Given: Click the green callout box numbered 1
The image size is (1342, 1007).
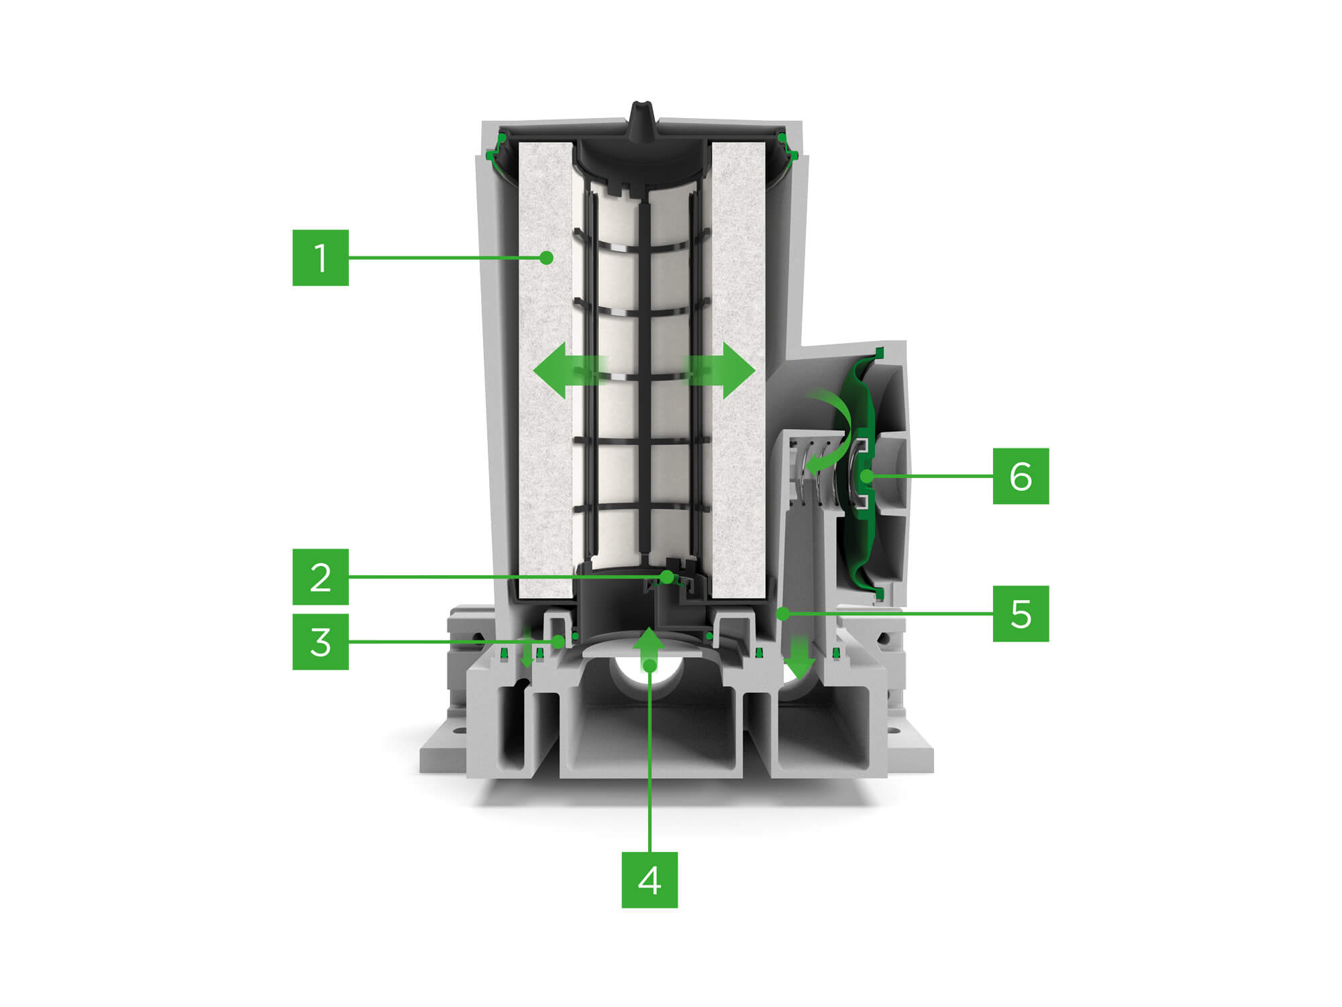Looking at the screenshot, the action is [x=320, y=258].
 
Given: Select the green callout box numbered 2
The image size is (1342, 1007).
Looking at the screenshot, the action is [x=320, y=577].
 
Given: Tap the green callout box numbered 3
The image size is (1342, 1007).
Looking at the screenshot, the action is [x=320, y=642].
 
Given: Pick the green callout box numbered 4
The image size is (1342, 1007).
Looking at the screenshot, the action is [x=650, y=880].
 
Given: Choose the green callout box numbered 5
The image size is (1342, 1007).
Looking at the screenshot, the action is [x=1021, y=614].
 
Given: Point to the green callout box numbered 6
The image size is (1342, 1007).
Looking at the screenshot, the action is [x=1021, y=476].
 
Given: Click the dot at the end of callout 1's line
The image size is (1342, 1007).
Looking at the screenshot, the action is [x=547, y=258].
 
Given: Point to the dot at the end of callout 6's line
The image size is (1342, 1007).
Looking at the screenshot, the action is [x=867, y=476].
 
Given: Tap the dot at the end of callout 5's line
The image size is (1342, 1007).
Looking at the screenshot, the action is [x=782, y=613].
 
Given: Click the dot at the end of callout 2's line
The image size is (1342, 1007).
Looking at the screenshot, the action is [x=666, y=577].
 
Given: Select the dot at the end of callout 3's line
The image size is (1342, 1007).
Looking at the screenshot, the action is [x=558, y=642].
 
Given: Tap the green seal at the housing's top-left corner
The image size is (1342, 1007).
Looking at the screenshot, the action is [x=498, y=149].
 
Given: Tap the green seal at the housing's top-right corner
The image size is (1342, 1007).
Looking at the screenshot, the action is [x=786, y=149].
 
